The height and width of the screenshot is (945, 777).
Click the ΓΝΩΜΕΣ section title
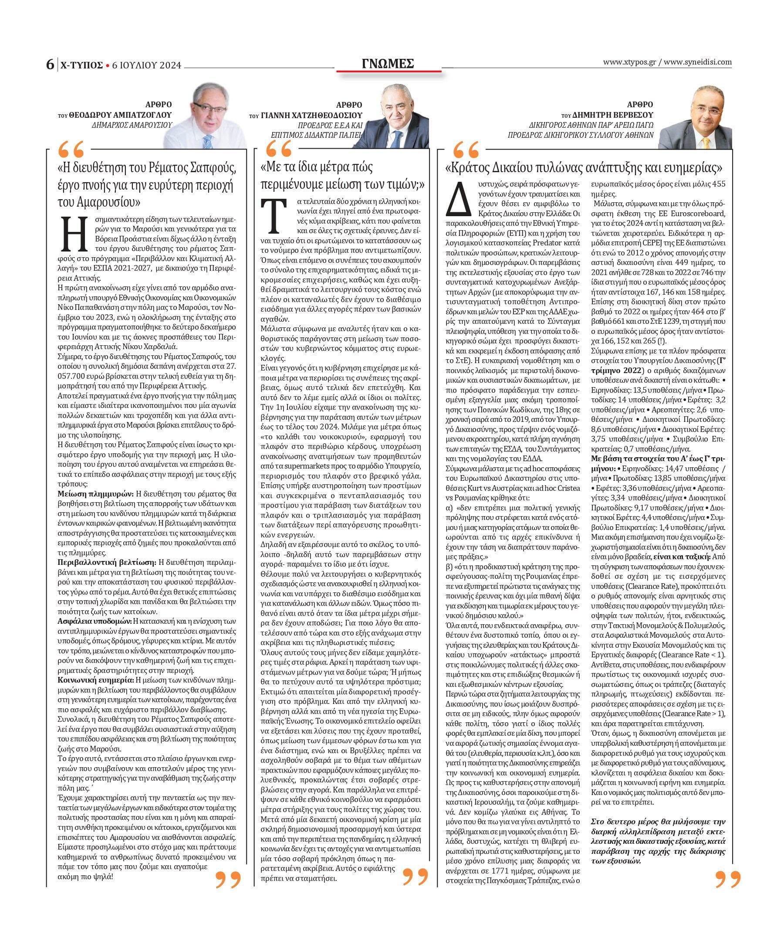pos(388,64)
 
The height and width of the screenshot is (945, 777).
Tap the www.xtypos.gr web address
pos(629,62)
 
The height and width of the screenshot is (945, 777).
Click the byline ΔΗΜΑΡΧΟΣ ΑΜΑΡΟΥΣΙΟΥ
pos(132,126)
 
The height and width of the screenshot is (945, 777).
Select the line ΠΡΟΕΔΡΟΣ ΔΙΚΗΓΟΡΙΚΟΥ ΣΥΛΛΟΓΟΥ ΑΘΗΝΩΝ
pos(581,135)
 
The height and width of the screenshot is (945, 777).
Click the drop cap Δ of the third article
pos(458,199)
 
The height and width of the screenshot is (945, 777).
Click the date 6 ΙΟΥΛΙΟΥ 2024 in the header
pos(147,65)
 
